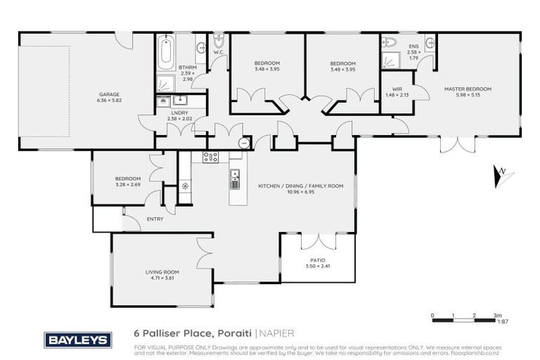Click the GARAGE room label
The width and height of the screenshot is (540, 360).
(x=108, y=94)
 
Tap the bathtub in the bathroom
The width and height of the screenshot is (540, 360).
(x=167, y=56)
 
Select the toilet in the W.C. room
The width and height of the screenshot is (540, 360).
(x=219, y=46)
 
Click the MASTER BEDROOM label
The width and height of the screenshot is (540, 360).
(x=467, y=89)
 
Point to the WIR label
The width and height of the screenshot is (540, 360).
(x=397, y=89)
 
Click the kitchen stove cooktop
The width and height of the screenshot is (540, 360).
(x=211, y=157)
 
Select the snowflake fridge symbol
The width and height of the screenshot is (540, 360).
(x=185, y=186)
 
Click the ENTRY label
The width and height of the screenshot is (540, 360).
(x=155, y=219)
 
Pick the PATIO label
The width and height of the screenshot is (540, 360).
(x=318, y=260)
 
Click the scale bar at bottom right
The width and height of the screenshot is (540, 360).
(x=464, y=321)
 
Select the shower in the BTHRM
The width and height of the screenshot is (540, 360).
(x=164, y=83)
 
